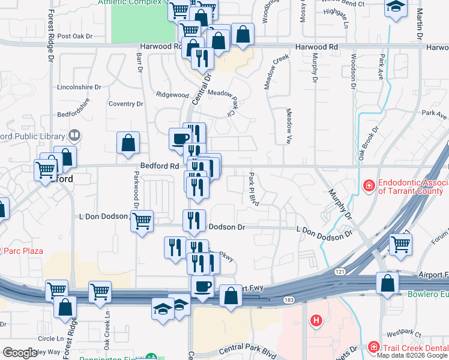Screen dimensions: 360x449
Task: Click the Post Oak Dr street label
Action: [75, 36]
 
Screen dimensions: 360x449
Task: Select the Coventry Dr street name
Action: [126, 104]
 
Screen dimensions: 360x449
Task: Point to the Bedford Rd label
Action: [160, 166]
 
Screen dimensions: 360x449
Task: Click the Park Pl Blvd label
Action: [252, 188]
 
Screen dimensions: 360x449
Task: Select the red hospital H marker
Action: [316, 321]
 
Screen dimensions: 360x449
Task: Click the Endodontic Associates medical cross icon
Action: [369, 186]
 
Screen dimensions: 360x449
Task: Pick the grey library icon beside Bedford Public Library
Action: [75, 136]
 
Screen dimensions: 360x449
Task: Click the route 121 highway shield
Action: [341, 272]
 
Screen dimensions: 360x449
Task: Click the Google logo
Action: [20, 353]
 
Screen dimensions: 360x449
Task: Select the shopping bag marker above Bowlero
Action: [387, 282]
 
